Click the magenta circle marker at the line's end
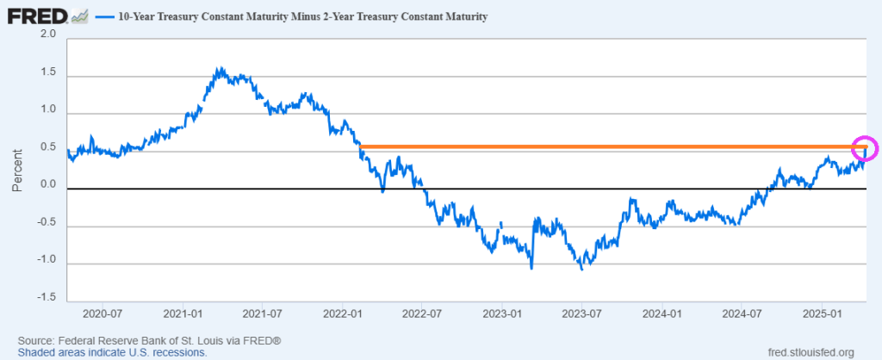(x=864, y=148)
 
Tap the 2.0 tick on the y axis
(x=48, y=34)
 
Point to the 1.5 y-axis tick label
(x=48, y=73)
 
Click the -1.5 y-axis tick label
(x=46, y=298)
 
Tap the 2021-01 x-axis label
(x=183, y=313)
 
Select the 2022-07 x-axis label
(x=424, y=313)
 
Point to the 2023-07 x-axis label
(x=583, y=313)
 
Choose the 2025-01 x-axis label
(x=823, y=313)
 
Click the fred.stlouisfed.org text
(x=810, y=351)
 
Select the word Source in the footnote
(x=36, y=340)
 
